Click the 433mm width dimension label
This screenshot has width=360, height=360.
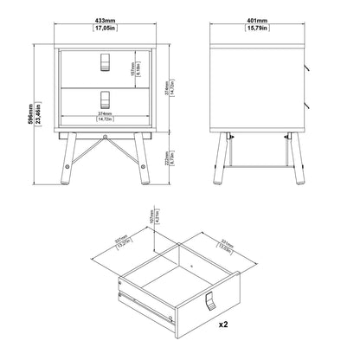[x=106, y=20]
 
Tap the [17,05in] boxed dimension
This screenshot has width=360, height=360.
[x=106, y=29]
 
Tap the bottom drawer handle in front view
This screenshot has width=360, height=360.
[x=106, y=98]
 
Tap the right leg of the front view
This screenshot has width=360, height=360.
[x=145, y=161]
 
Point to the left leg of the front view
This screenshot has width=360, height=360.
[x=67, y=161]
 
